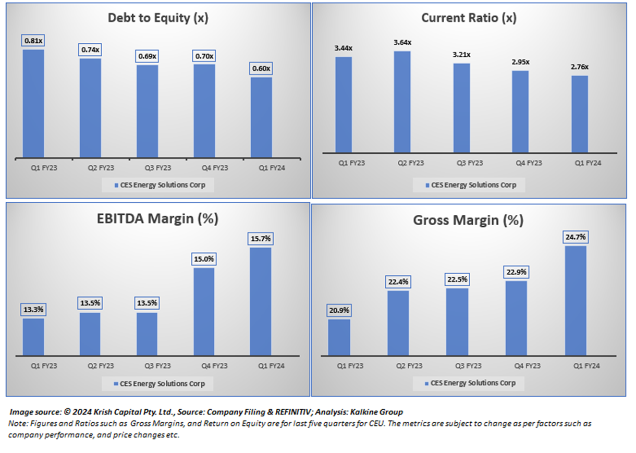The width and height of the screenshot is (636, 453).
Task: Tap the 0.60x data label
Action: pyautogui.click(x=261, y=69)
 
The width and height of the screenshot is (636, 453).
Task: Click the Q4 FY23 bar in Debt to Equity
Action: pyautogui.click(x=204, y=111)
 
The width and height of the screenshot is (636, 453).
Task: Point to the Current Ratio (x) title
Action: pyautogui.click(x=469, y=18)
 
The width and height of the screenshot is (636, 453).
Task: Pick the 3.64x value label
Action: pyautogui.click(x=402, y=42)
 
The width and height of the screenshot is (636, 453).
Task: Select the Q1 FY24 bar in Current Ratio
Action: pyautogui.click(x=579, y=114)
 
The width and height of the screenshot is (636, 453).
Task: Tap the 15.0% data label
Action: pyautogui.click(x=204, y=259)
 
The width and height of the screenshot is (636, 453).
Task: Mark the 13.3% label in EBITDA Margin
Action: pyautogui.click(x=33, y=310)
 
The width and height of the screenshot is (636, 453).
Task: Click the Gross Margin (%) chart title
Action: pyautogui.click(x=468, y=221)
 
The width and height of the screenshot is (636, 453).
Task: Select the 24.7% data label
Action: pyautogui.click(x=576, y=237)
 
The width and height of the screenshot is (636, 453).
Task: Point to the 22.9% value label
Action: pyautogui.click(x=516, y=272)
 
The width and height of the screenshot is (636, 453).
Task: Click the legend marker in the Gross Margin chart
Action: pyautogui.click(x=427, y=383)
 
